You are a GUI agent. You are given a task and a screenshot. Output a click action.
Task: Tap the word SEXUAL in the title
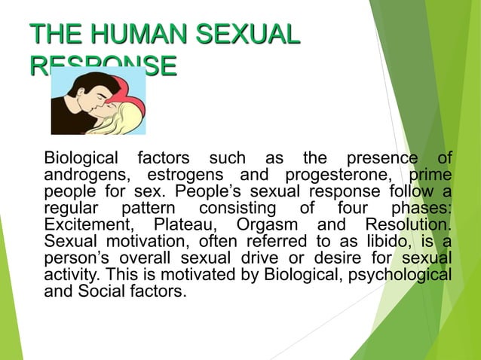246,35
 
